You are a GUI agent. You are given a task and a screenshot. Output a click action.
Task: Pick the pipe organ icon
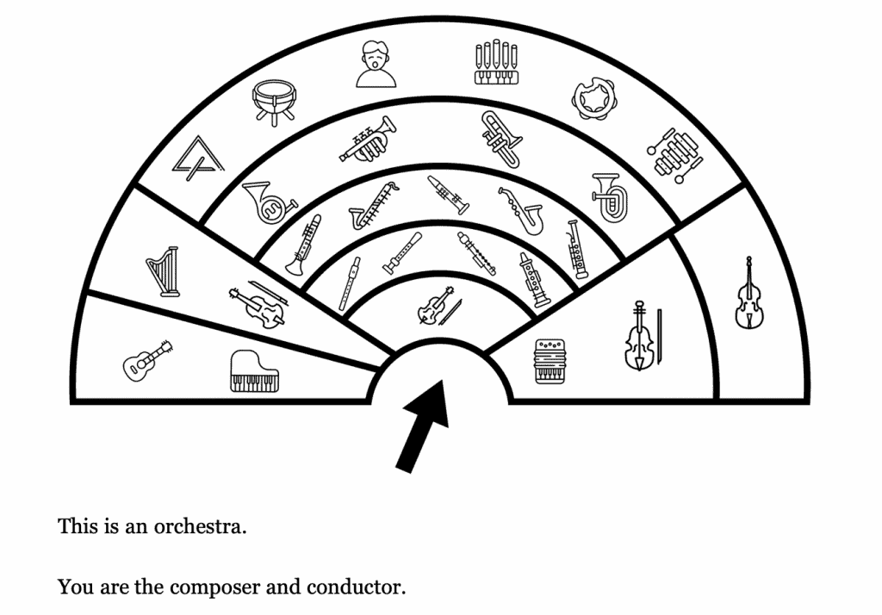click(498, 63)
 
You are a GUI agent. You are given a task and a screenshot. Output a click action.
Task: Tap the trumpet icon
click(368, 140)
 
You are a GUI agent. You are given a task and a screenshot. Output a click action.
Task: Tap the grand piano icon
click(255, 371)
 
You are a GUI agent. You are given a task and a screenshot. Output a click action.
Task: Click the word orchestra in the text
click(200, 525)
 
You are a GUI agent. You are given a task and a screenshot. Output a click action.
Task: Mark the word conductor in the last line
click(355, 587)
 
